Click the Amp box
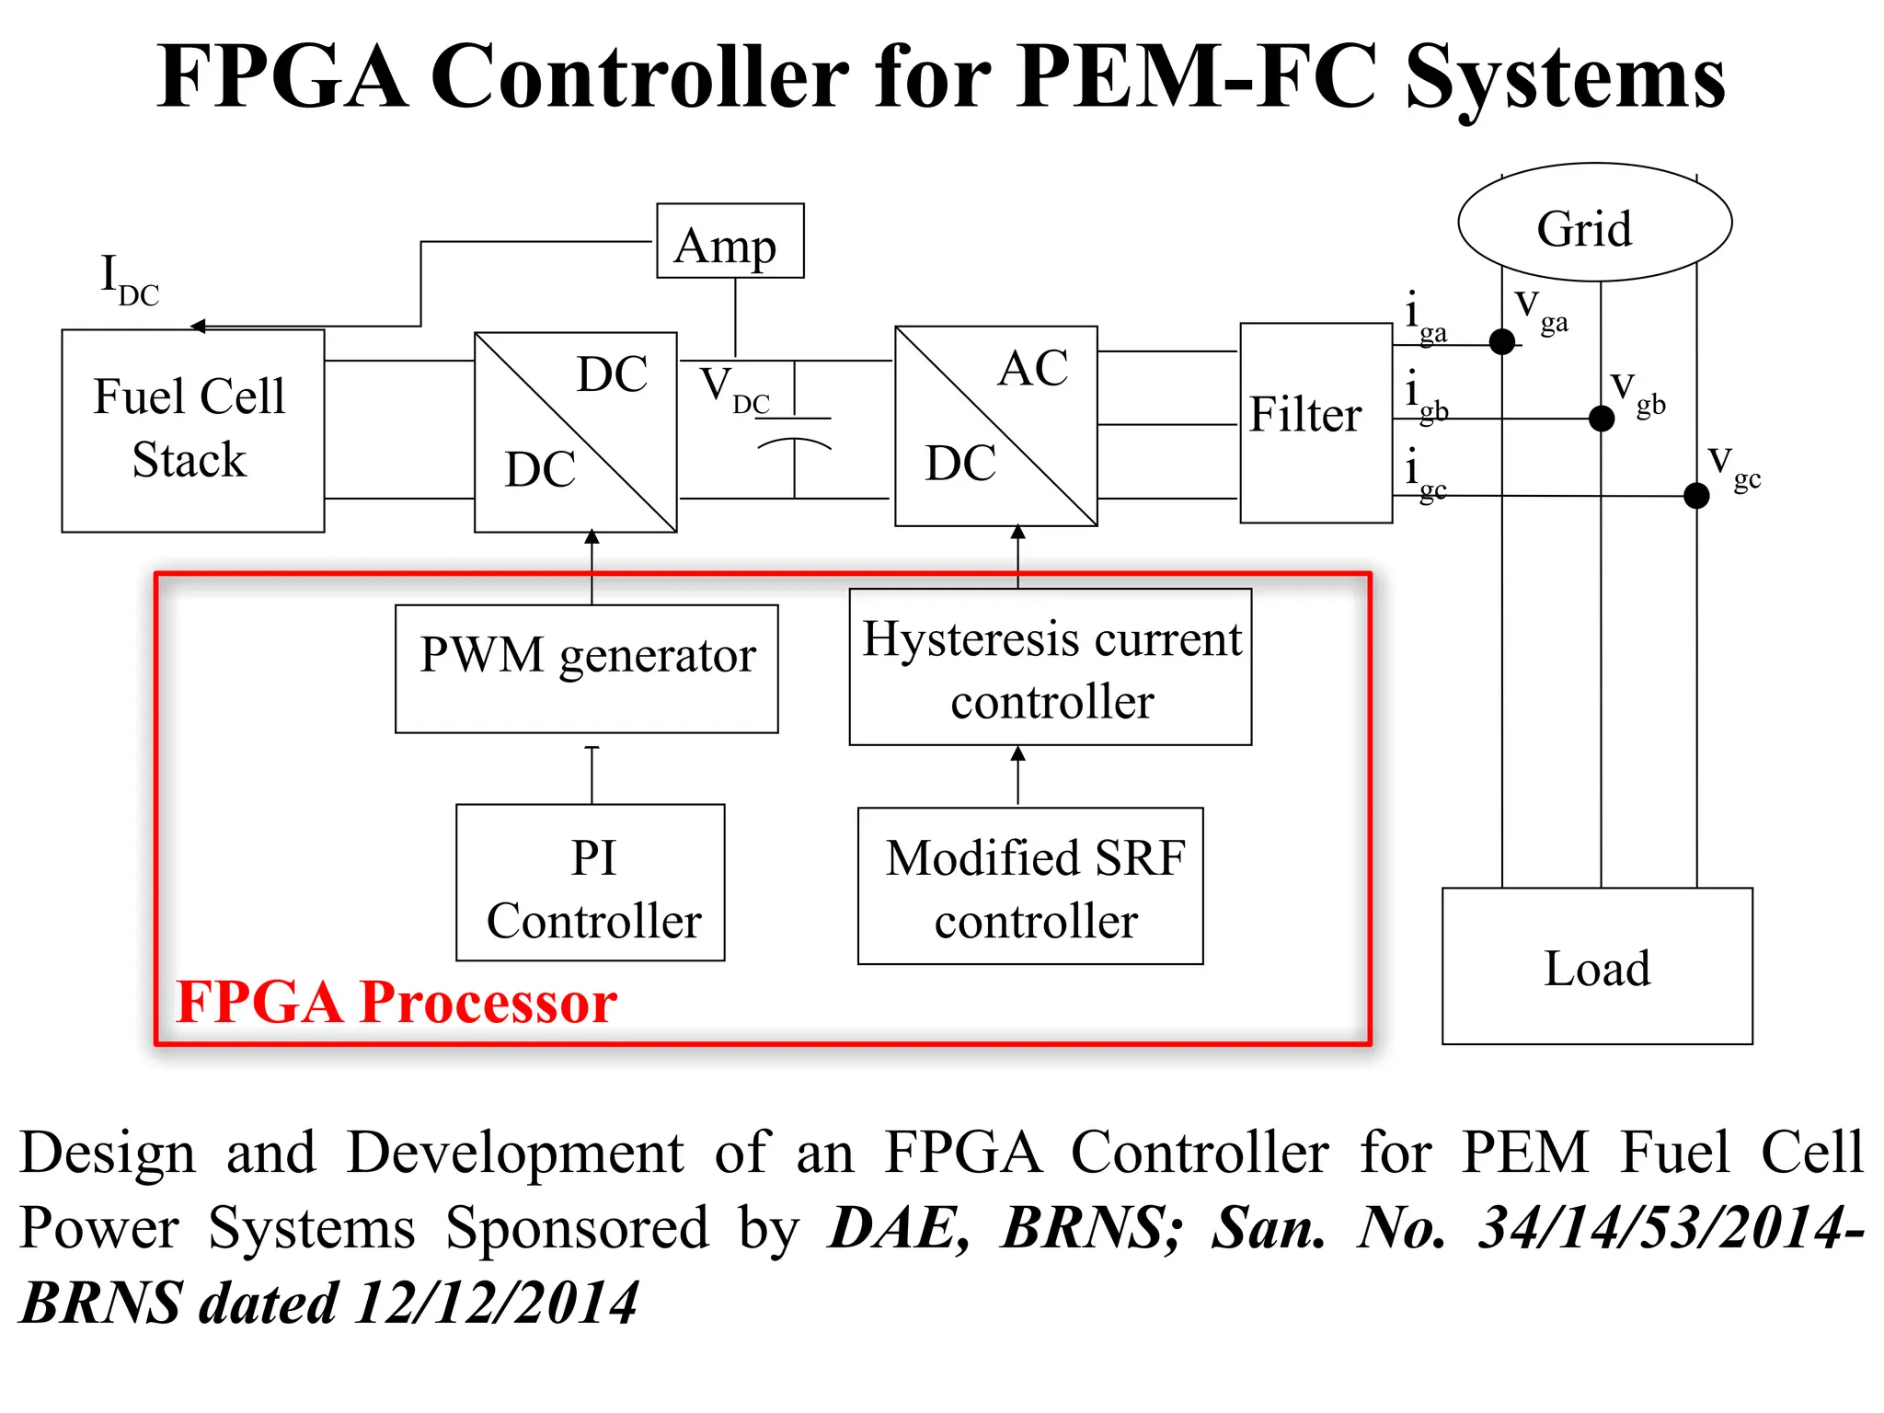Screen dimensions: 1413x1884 729,241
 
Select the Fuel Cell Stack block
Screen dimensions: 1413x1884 192,431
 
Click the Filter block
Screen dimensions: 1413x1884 1315,423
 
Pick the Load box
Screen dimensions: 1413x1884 1597,966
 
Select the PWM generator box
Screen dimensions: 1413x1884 586,668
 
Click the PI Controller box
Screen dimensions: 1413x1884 591,883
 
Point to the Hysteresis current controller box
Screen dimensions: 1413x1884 1050,667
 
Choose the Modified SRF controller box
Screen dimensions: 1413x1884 1030,886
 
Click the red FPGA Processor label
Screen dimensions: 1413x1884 396,1001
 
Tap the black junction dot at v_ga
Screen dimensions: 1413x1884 1502,342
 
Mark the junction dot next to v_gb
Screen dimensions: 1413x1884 1602,419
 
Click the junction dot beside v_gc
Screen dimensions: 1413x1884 1696,496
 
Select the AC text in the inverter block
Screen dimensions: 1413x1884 1033,369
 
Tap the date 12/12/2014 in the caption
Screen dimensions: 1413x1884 497,1303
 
